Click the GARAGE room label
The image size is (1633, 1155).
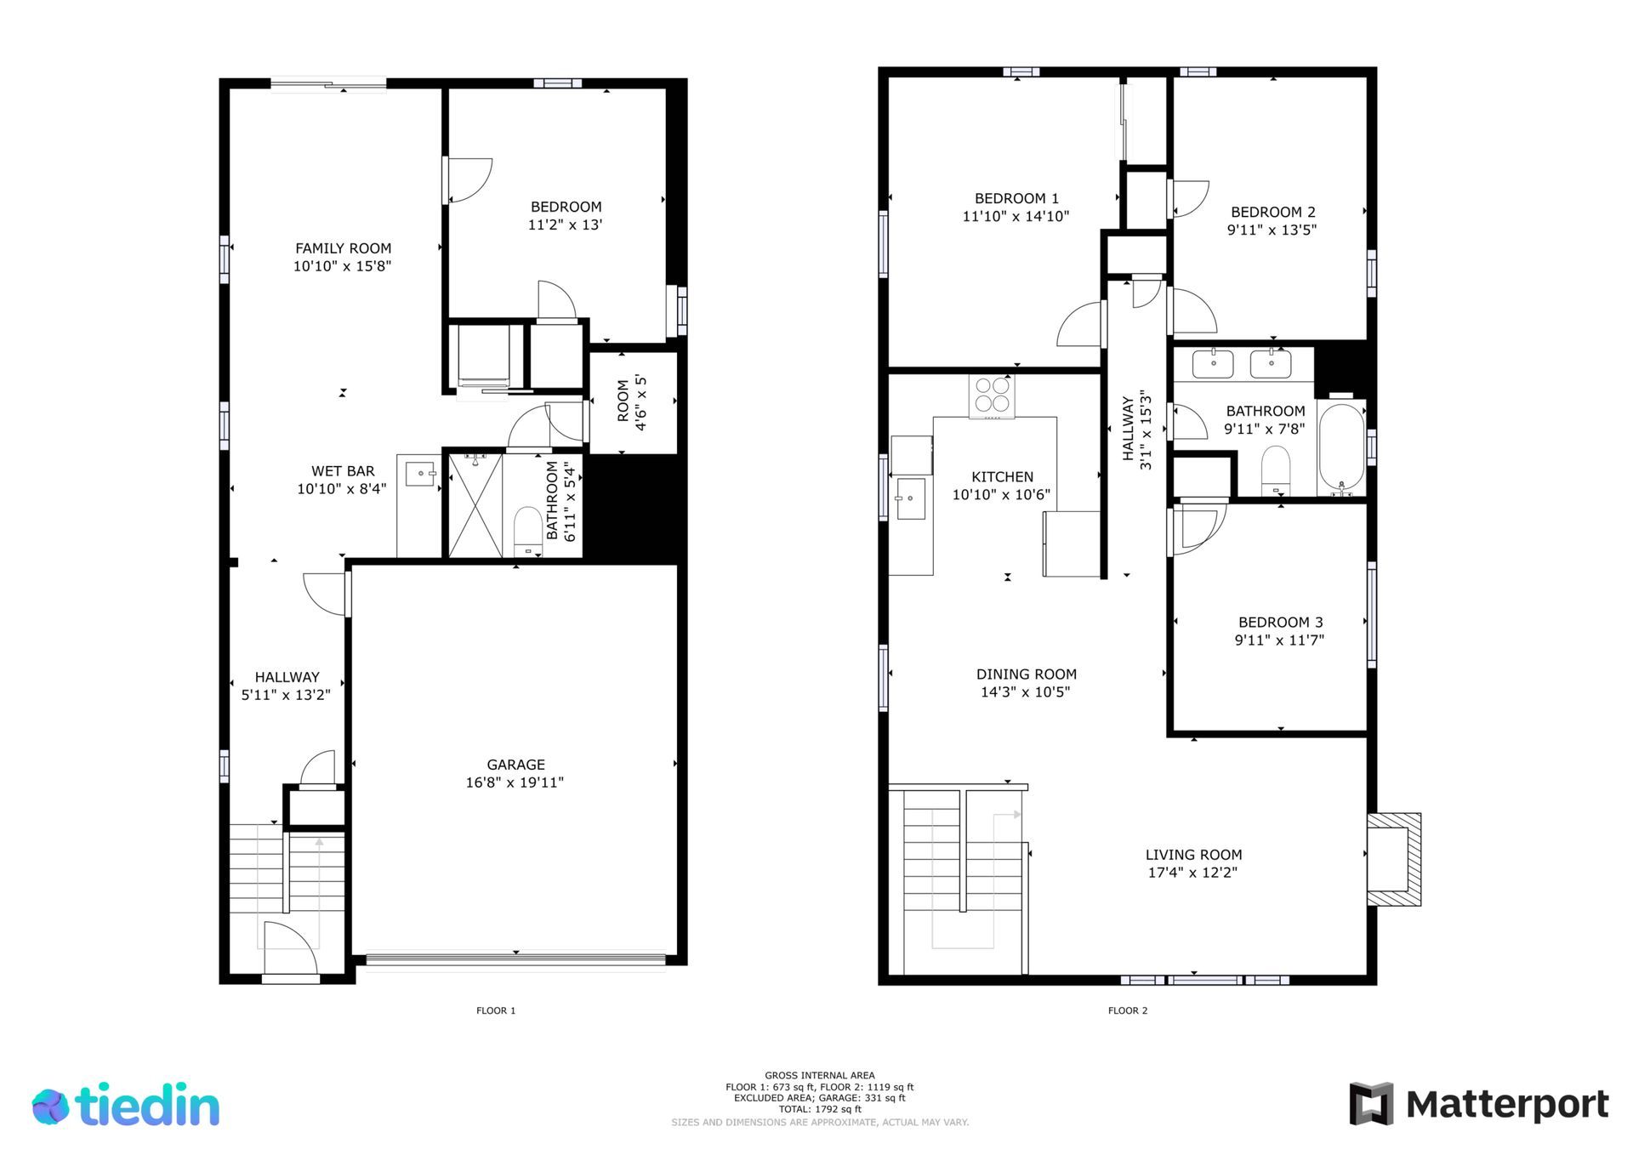pyautogui.click(x=515, y=765)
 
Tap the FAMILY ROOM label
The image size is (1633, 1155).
pyautogui.click(x=343, y=248)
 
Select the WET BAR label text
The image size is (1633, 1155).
pyautogui.click(x=343, y=471)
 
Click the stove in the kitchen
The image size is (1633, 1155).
pyautogui.click(x=992, y=396)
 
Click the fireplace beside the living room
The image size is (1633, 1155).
pyautogui.click(x=1393, y=859)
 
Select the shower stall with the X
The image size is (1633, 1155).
pyautogui.click(x=475, y=506)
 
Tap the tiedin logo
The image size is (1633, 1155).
pyautogui.click(x=126, y=1105)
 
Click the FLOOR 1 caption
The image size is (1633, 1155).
pyautogui.click(x=496, y=1010)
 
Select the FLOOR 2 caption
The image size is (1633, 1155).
pyautogui.click(x=1128, y=1010)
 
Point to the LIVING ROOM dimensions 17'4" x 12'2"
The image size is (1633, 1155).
pyautogui.click(x=1193, y=873)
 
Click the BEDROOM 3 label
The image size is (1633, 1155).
pyautogui.click(x=1280, y=623)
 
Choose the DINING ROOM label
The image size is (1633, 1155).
pyautogui.click(x=1027, y=674)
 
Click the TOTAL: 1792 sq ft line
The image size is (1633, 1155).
pyautogui.click(x=820, y=1109)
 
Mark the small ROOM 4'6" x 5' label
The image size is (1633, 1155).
pyautogui.click(x=632, y=405)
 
